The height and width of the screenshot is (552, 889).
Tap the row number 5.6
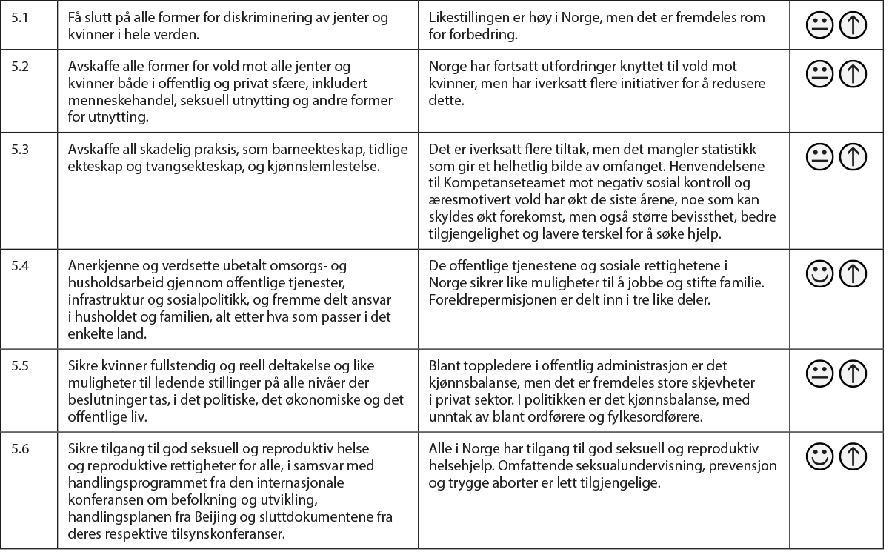click(x=21, y=448)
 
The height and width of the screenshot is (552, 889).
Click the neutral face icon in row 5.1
click(x=819, y=26)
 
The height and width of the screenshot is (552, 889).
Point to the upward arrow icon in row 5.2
click(x=853, y=74)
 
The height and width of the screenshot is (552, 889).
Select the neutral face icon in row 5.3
click(x=819, y=156)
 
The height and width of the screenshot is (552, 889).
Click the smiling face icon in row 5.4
click(x=819, y=273)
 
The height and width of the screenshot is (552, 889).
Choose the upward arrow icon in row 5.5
click(x=853, y=372)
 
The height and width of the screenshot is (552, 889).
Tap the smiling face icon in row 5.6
click(x=819, y=456)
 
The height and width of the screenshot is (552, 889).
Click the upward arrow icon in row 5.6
click(x=853, y=456)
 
